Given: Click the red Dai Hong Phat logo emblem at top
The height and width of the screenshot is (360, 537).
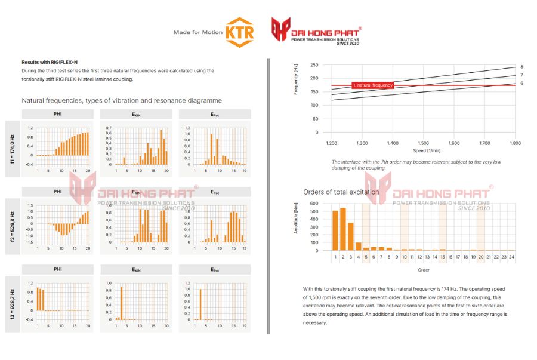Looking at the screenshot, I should pyautogui.click(x=280, y=30).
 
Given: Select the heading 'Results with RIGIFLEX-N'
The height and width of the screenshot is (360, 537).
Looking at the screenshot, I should pyautogui.click(x=50, y=62).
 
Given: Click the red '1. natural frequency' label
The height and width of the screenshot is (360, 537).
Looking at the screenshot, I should pyautogui.click(x=373, y=85).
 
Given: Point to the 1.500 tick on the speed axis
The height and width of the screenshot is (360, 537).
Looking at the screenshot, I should pyautogui.click(x=424, y=144).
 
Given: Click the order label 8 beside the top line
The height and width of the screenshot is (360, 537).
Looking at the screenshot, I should pyautogui.click(x=521, y=67).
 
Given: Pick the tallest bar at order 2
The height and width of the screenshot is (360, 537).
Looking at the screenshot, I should pyautogui.click(x=342, y=229).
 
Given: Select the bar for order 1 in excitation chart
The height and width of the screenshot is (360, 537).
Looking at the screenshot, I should pyautogui.click(x=335, y=230).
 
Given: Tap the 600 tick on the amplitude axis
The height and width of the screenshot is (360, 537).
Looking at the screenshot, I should pyautogui.click(x=316, y=203).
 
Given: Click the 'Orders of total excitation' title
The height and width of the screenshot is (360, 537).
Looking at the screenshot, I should pyautogui.click(x=341, y=192).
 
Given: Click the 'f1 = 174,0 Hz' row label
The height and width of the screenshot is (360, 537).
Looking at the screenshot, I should pyautogui.click(x=11, y=150).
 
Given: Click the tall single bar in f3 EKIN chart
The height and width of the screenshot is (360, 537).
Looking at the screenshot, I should pyautogui.click(x=122, y=303).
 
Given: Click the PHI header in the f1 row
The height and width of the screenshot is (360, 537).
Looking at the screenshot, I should pyautogui.click(x=58, y=114).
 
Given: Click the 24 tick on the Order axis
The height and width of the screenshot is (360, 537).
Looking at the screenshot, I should pyautogui.click(x=511, y=257).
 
